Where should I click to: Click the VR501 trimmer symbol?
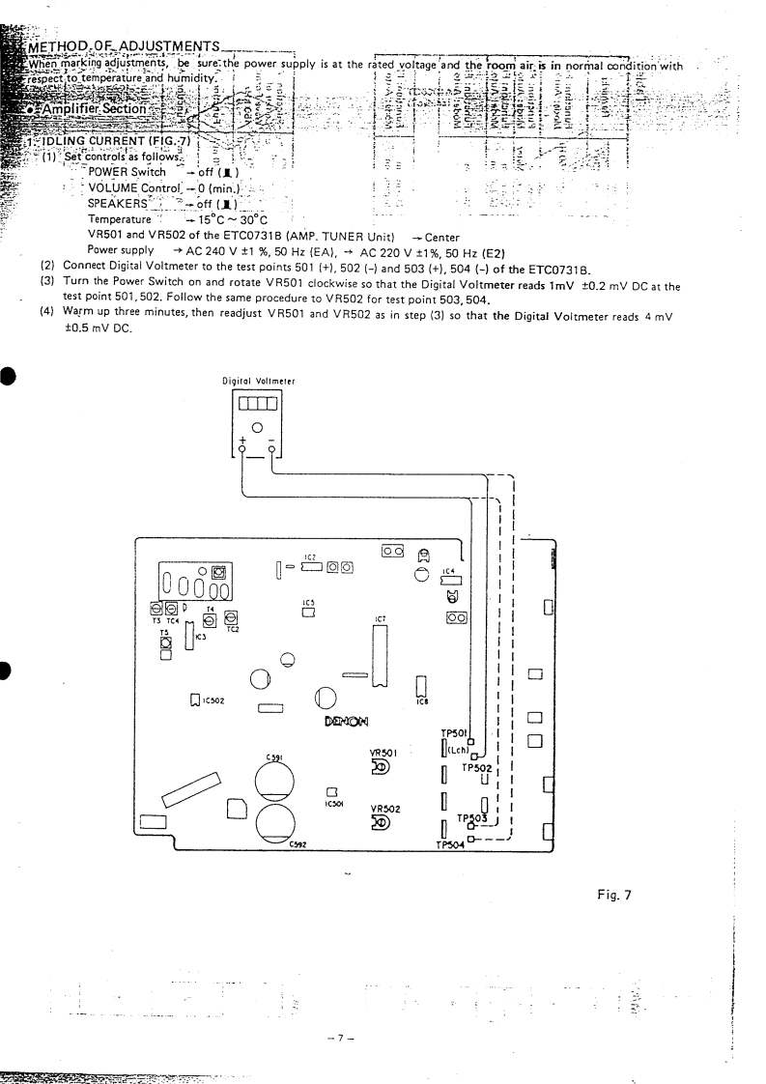pos(380,768)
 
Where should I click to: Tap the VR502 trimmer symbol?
pos(380,823)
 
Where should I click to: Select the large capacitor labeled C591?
pos(280,783)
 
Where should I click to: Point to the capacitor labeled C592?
pos(280,824)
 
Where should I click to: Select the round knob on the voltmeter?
pos(256,427)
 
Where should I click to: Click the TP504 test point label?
pos(449,843)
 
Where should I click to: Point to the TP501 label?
pos(453,732)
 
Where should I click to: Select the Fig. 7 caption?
pos(613,895)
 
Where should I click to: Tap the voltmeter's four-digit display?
pos(256,403)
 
